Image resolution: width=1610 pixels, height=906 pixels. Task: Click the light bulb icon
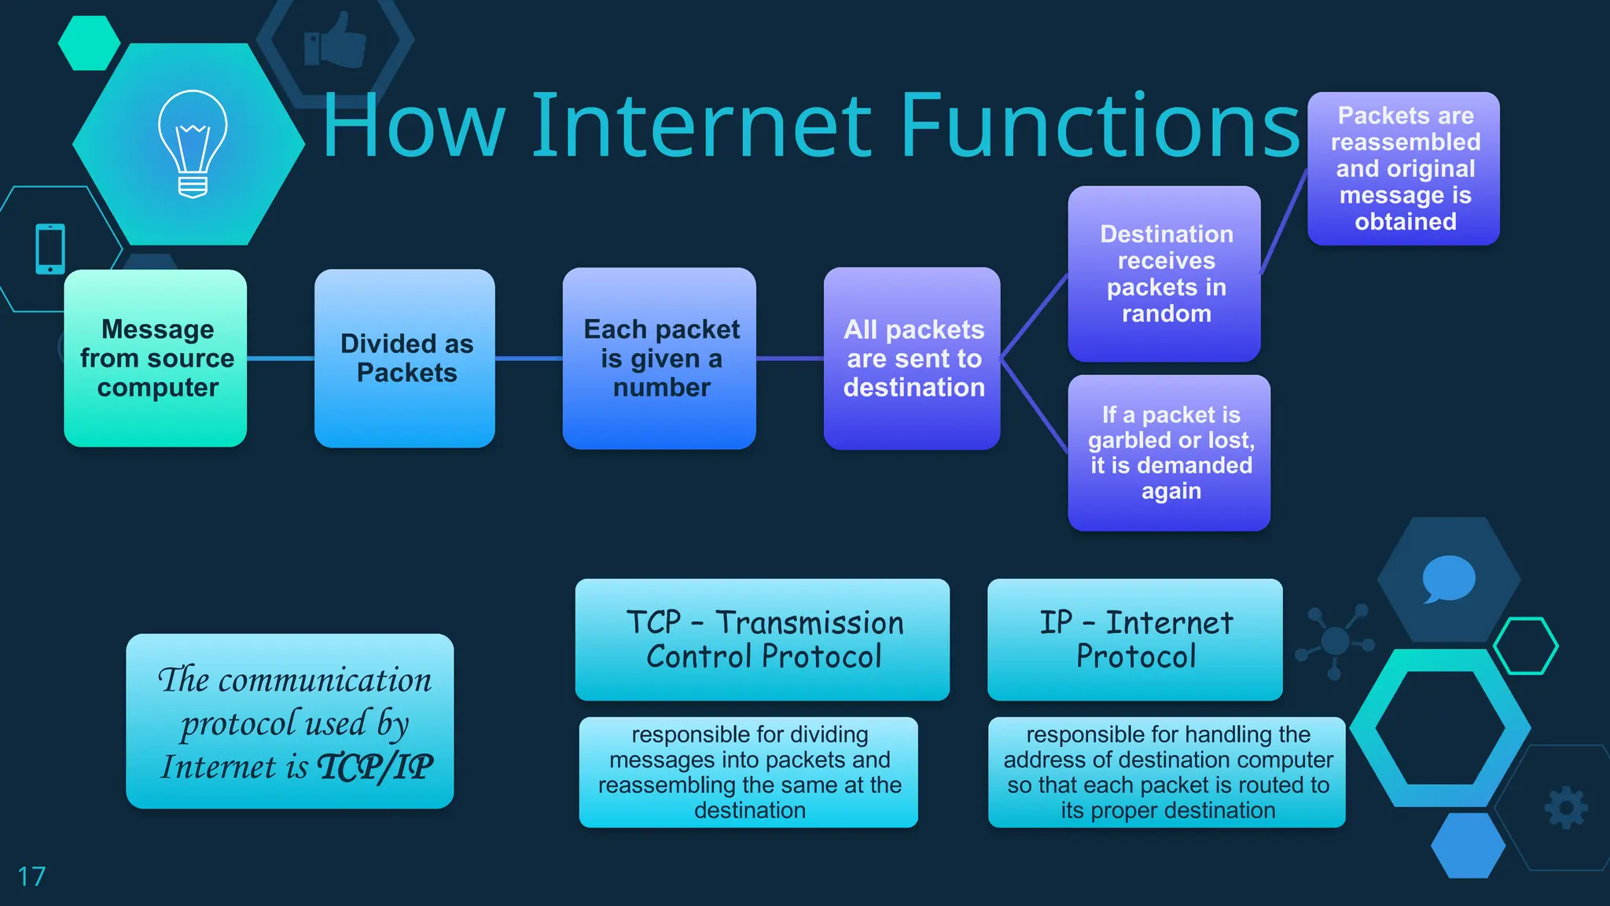pos(193,143)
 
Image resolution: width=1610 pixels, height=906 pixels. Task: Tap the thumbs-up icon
pos(336,41)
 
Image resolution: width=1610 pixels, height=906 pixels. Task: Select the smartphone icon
pos(50,249)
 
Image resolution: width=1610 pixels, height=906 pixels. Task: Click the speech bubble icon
pos(1448,579)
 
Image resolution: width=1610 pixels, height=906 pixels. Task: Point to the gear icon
pos(1565,808)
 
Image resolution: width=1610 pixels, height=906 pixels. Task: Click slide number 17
pos(31,876)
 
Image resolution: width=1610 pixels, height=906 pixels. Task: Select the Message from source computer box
pos(156,359)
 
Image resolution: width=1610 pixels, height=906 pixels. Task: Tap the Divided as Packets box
pos(405,359)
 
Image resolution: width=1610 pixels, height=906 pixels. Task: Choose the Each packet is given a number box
pos(660,359)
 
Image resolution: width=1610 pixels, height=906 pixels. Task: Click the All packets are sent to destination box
pos(912,359)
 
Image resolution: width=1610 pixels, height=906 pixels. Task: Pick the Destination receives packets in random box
pos(1164,274)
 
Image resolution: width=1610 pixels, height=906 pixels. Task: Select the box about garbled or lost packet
pos(1169,453)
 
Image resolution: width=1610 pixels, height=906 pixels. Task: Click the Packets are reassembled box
pos(1404,168)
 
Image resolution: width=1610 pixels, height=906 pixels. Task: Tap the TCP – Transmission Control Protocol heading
pos(763,639)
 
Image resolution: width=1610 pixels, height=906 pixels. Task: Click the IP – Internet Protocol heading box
pos(1134,639)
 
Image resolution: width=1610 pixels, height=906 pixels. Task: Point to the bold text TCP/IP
pos(375,767)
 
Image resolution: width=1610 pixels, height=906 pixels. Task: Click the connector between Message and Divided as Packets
pos(281,359)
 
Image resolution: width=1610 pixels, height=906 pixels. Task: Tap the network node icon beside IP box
pos(1334,641)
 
